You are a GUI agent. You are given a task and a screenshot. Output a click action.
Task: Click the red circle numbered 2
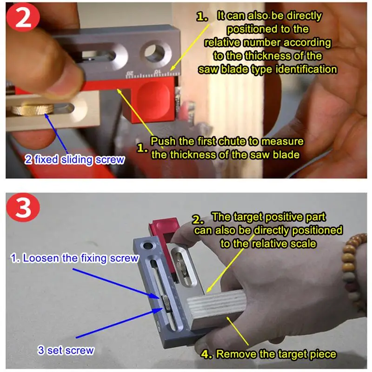(23, 17)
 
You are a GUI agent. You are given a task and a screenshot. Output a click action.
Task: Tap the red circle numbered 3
(23, 207)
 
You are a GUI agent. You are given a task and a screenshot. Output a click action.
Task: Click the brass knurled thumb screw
(32, 109)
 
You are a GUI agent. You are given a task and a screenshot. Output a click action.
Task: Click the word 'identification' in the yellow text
(306, 69)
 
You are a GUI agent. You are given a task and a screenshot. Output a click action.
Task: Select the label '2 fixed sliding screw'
(74, 159)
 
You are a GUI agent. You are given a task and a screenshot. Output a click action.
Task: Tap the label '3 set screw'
(66, 351)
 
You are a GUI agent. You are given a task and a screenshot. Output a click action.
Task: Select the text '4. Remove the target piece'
(269, 354)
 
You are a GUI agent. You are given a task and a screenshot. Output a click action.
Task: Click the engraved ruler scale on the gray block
(152, 74)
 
